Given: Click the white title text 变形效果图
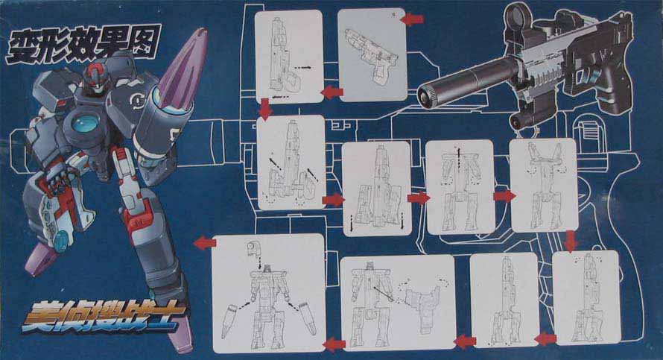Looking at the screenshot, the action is [x=83, y=45].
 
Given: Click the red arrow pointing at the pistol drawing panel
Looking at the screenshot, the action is [x=412, y=19].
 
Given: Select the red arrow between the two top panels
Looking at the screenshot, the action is [x=332, y=92].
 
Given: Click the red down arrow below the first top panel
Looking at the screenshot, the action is [x=265, y=109].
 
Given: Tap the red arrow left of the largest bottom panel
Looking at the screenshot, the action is [x=205, y=243].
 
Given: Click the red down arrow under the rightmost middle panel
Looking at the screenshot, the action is [x=571, y=241].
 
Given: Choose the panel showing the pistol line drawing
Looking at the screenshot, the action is [x=372, y=55].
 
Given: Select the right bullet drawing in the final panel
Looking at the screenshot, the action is [x=307, y=318].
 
